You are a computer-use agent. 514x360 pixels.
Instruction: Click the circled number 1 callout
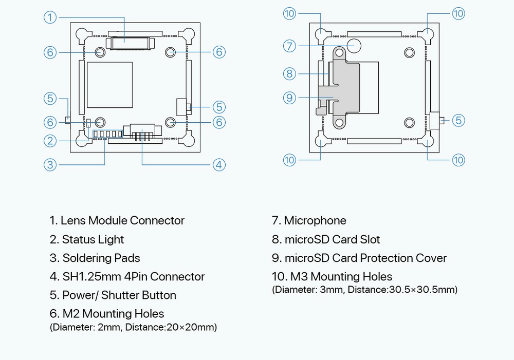(x=50, y=17)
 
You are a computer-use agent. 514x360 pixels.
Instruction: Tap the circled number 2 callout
(x=50, y=140)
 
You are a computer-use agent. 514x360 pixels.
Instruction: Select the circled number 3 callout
(x=50, y=165)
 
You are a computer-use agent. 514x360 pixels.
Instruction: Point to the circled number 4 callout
(x=219, y=165)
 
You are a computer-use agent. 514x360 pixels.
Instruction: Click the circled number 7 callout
(x=290, y=46)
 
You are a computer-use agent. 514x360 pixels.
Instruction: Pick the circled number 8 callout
(x=290, y=73)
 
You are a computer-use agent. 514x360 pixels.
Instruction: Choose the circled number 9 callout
(x=290, y=97)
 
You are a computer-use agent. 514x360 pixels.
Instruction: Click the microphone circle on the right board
(x=354, y=46)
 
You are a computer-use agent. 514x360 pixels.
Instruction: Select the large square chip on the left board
(x=110, y=84)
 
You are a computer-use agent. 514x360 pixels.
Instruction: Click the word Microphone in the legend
(x=315, y=221)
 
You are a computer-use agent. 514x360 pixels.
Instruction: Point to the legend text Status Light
(x=93, y=239)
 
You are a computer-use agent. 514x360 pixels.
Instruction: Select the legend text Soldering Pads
(x=101, y=258)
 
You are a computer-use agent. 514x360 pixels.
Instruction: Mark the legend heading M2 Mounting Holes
(x=113, y=314)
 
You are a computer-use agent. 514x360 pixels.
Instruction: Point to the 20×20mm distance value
(x=191, y=327)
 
